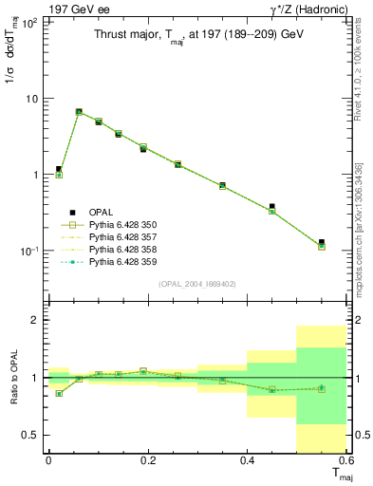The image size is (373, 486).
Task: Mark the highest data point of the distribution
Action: coord(79,112)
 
